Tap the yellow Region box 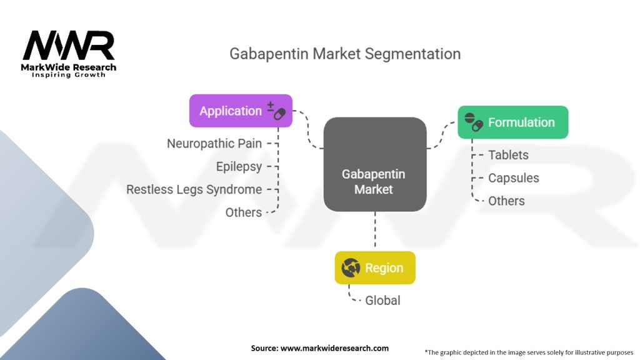click(x=375, y=268)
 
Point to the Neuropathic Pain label click(x=214, y=143)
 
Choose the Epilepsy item click(x=239, y=166)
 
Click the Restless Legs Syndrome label click(x=194, y=189)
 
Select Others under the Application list click(x=244, y=212)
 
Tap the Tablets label click(x=508, y=155)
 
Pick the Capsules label click(x=513, y=178)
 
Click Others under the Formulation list click(x=506, y=201)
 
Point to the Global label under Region click(x=382, y=301)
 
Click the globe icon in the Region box click(x=350, y=268)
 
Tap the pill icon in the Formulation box click(x=474, y=122)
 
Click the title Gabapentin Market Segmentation click(x=345, y=53)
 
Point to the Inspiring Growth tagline click(x=69, y=75)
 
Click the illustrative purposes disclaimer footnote click(x=529, y=352)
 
